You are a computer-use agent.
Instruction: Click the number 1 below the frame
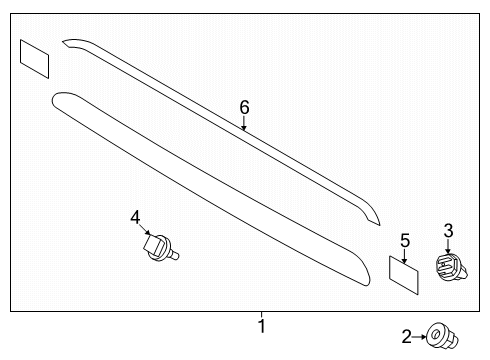pyautogui.click(x=261, y=326)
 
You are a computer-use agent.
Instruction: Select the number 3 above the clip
pyautogui.click(x=448, y=232)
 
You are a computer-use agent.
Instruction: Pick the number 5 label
pyautogui.click(x=405, y=240)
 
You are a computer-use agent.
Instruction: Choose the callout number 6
pyautogui.click(x=244, y=107)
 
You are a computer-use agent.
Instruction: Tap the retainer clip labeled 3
pyautogui.click(x=447, y=267)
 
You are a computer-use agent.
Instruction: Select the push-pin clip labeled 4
pyautogui.click(x=159, y=247)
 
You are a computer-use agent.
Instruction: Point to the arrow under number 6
pyautogui.click(x=244, y=124)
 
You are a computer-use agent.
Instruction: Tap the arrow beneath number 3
pyautogui.click(x=448, y=247)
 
